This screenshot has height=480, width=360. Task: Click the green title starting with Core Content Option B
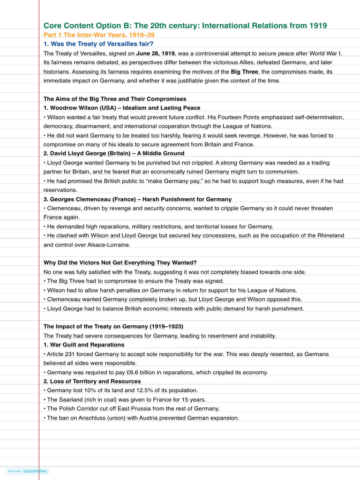(185, 25)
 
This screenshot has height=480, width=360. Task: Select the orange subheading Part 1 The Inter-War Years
(99, 35)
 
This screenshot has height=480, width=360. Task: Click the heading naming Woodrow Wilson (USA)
(122, 108)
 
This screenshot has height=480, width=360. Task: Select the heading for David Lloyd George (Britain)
(114, 153)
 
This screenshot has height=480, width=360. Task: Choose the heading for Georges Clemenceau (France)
(137, 199)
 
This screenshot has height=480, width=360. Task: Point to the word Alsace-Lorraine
(110, 245)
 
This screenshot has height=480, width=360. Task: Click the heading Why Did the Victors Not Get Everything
(120, 262)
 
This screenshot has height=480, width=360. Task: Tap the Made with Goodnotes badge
(28, 471)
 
